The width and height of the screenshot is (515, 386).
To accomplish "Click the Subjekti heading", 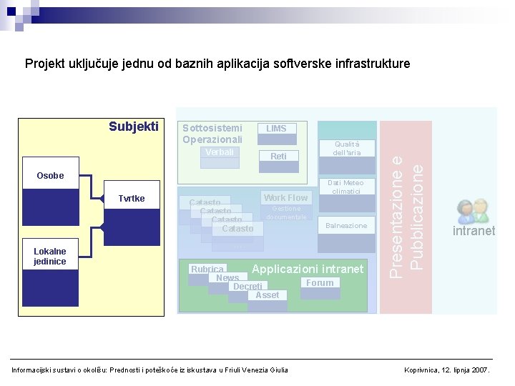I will [134, 127].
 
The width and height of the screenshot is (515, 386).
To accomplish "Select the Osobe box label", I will [50, 176].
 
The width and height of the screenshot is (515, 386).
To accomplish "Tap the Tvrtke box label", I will [132, 198].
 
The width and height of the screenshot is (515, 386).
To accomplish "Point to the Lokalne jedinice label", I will [50, 257].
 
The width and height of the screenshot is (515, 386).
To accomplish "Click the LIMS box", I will [276, 129].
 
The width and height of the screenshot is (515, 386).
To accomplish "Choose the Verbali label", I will [220, 152].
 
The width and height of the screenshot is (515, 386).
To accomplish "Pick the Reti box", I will [278, 156].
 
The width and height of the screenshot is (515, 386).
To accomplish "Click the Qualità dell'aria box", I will [347, 148].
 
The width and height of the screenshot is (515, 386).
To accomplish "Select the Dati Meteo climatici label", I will [347, 187].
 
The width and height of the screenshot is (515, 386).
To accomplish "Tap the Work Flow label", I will [285, 198].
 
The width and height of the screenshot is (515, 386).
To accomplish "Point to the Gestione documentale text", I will [286, 212].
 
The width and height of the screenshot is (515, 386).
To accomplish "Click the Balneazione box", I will [346, 226].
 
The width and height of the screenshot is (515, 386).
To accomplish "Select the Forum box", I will [320, 283].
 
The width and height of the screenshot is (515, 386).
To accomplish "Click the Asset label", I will [267, 295].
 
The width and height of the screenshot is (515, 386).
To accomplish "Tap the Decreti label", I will [247, 287].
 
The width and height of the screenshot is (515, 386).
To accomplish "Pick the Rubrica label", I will [207, 269].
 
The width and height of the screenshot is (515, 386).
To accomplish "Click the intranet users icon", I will [472, 212].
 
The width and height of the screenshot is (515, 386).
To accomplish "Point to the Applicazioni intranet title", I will [308, 269].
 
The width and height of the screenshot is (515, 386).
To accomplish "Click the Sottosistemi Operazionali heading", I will [212, 134].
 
